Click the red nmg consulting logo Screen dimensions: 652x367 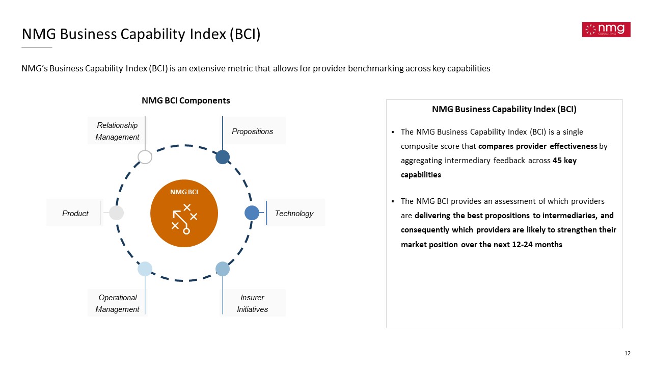coord(606,30)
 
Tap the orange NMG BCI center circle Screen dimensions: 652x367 coord(184,213)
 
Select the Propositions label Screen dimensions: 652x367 coord(252,132)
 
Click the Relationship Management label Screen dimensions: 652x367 coord(117,131)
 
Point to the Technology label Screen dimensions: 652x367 coord(294,214)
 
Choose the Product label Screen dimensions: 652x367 coord(75,214)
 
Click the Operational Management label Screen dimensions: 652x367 coord(117,303)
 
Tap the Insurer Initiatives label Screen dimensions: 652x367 coord(252,303)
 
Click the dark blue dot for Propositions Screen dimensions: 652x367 coord(223,157)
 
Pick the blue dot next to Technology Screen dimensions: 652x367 coord(252,213)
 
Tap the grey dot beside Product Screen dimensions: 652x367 coord(117,213)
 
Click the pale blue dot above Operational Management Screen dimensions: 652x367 coord(145,269)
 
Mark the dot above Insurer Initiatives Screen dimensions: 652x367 coord(223,269)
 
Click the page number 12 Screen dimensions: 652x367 coord(627,353)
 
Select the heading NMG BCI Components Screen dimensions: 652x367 coord(186,100)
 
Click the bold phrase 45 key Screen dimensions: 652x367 coord(565,161)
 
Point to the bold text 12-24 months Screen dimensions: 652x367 coord(537,244)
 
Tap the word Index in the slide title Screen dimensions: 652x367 coord(208,34)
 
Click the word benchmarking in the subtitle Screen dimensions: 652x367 coord(375,68)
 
